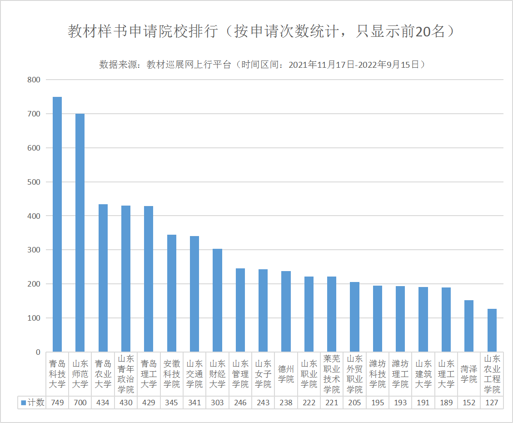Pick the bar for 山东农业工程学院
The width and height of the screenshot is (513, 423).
tap(492, 330)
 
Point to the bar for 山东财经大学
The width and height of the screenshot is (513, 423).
tap(218, 300)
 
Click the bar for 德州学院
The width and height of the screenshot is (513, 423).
tap(286, 312)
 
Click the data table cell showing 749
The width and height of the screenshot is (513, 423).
tap(57, 403)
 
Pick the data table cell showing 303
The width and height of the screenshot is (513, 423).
tap(218, 403)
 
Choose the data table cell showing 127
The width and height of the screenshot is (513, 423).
tap(492, 403)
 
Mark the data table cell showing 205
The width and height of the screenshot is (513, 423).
tap(355, 403)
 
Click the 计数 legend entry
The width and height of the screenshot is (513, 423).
tap(33, 403)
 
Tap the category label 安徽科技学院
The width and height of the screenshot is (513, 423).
tap(172, 374)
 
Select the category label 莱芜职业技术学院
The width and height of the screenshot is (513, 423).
tap(332, 374)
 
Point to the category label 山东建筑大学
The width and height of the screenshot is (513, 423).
tap(423, 374)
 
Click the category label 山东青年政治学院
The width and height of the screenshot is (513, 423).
tap(126, 374)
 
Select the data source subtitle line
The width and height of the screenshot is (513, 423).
tap(262, 65)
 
